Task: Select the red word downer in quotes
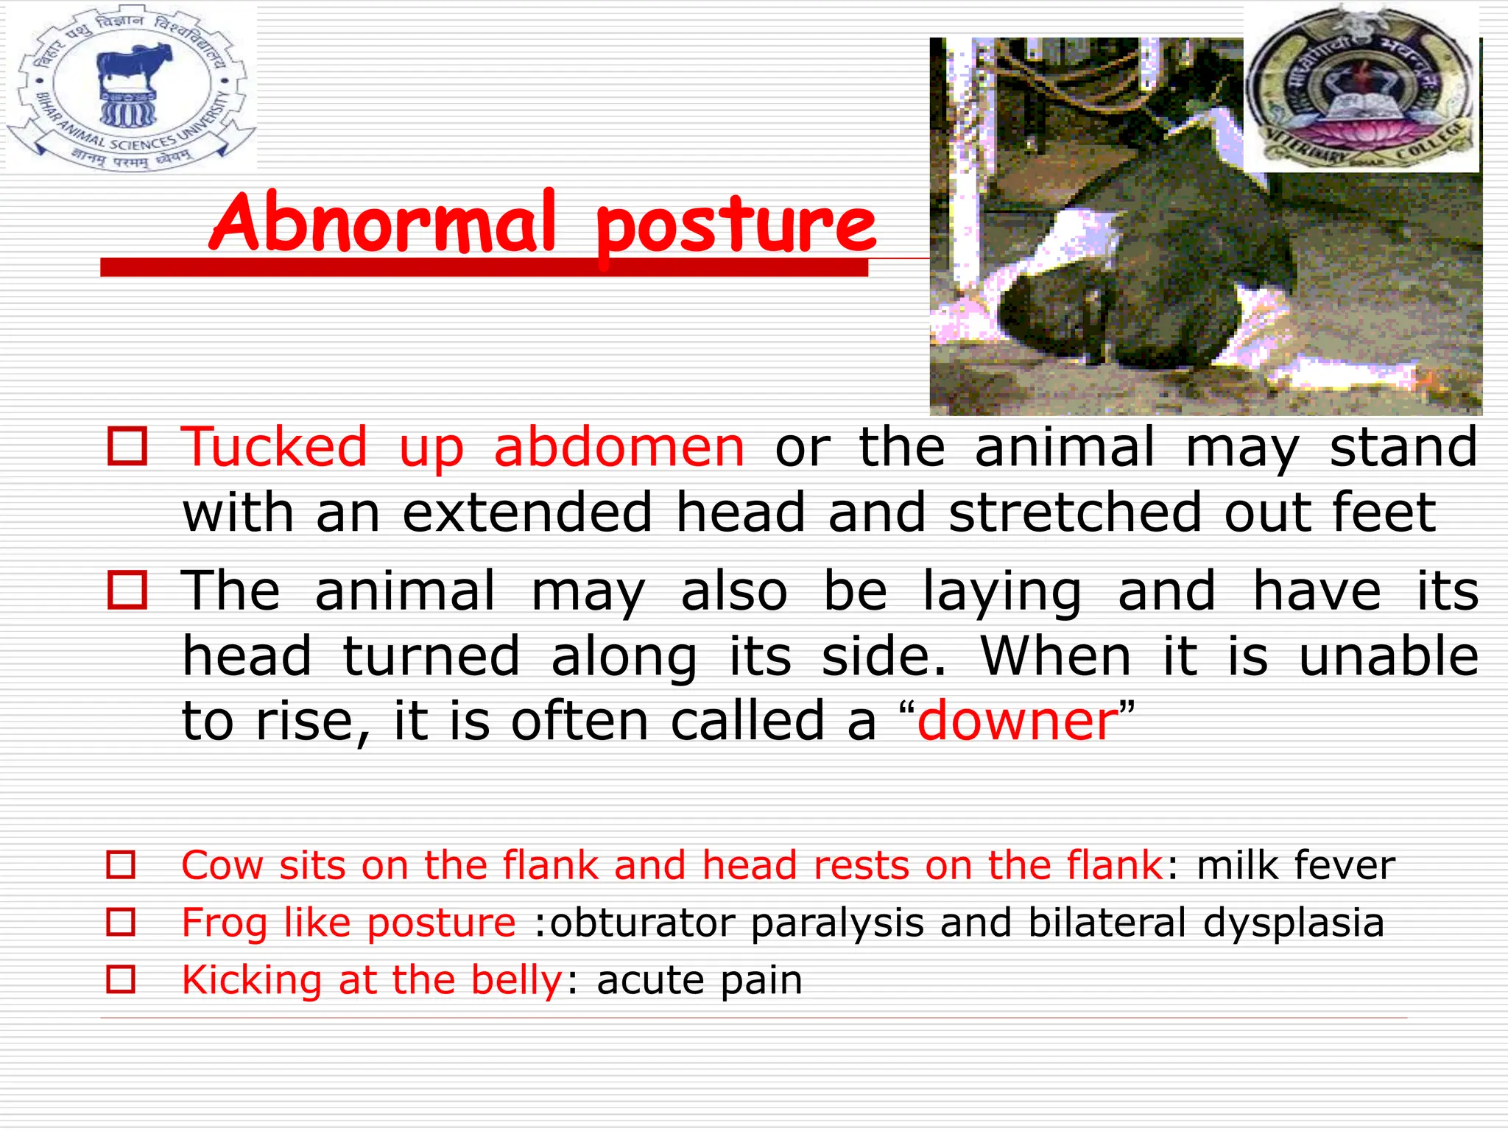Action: (1018, 722)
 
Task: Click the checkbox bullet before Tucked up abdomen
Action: (127, 446)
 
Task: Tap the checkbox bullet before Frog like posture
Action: (121, 922)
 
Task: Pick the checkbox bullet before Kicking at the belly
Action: (121, 979)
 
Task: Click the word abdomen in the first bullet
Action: (619, 448)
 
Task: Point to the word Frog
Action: (224, 923)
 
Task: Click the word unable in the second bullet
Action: (1388, 657)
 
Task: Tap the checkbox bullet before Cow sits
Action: (121, 864)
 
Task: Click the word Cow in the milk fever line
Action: (222, 865)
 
